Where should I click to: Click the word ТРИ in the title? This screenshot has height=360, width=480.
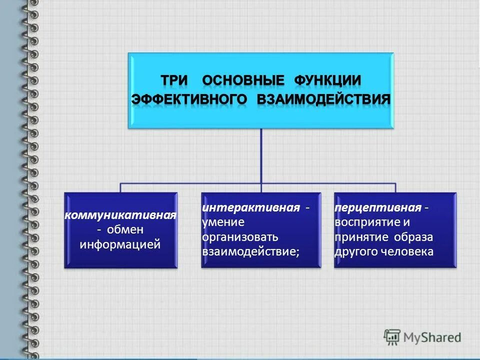(x=174, y=80)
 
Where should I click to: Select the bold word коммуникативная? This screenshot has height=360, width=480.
(x=120, y=215)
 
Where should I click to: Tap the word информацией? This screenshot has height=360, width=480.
(x=120, y=244)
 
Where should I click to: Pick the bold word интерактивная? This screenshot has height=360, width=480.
(x=251, y=207)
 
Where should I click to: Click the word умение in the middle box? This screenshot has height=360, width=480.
(x=220, y=221)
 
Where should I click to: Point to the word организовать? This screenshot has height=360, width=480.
(x=239, y=236)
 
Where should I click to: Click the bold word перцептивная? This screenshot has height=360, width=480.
(x=378, y=207)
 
